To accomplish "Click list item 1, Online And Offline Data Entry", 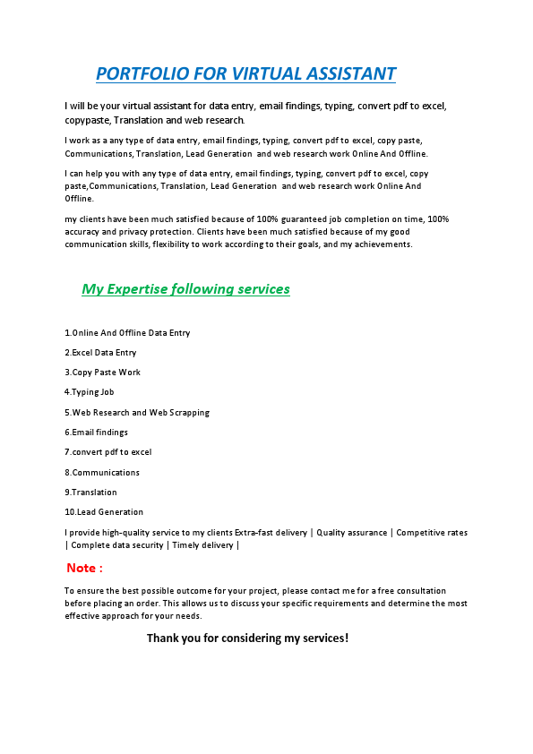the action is pyautogui.click(x=127, y=333).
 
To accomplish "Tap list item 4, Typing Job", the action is pyautogui.click(x=90, y=392).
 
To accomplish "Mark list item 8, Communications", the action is pyautogui.click(x=102, y=473).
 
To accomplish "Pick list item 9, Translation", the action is pyautogui.click(x=90, y=493).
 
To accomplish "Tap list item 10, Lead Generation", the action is pyautogui.click(x=104, y=512).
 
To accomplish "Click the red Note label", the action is pyautogui.click(x=84, y=568).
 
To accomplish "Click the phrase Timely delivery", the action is pyautogui.click(x=203, y=545).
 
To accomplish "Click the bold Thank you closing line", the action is pyautogui.click(x=247, y=638).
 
